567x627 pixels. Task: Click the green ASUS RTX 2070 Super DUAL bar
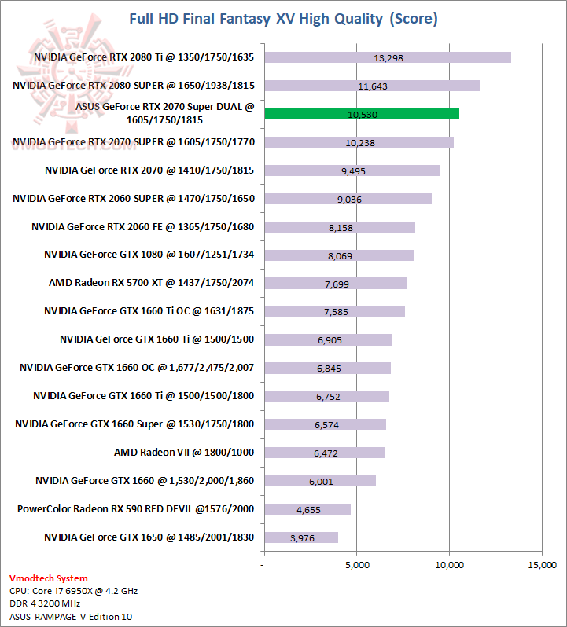(362, 114)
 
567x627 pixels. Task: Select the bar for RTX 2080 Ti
(388, 57)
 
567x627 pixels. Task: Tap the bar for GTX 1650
(301, 537)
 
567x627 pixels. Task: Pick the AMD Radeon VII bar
(324, 453)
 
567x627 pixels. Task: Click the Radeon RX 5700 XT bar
(336, 283)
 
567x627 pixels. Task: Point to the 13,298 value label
(388, 58)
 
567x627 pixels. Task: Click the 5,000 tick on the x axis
(357, 565)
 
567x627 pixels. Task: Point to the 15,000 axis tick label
(541, 565)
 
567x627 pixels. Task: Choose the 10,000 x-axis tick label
(449, 565)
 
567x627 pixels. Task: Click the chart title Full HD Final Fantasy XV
(283, 17)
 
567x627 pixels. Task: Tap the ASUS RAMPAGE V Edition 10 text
(71, 617)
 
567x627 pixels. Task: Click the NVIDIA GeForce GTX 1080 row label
(149, 255)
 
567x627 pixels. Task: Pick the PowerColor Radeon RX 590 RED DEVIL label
(136, 509)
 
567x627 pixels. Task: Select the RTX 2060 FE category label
(143, 226)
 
